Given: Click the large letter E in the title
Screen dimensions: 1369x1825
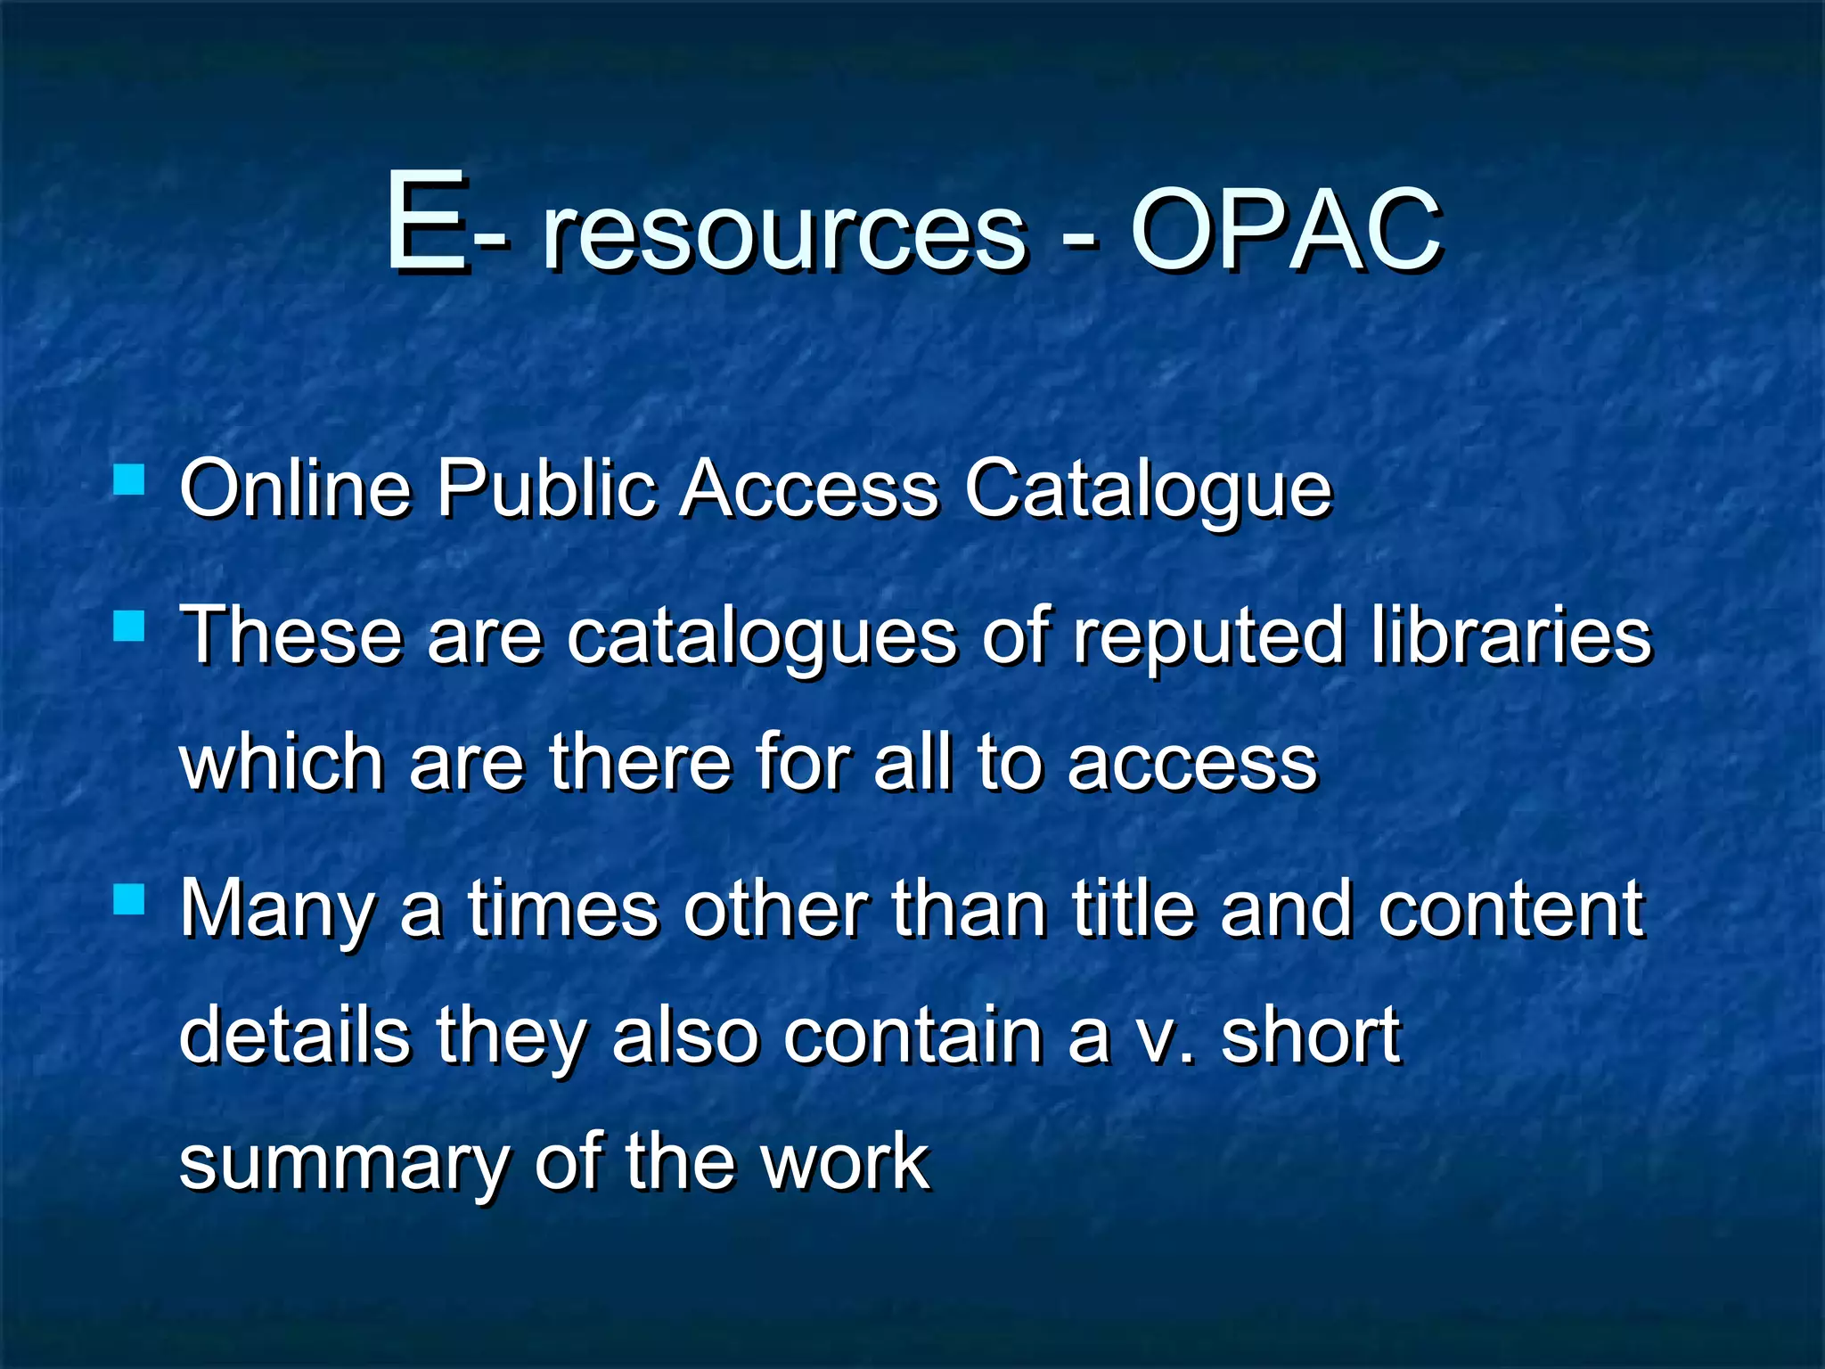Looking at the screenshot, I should (426, 222).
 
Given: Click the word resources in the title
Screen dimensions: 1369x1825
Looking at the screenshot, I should (784, 234).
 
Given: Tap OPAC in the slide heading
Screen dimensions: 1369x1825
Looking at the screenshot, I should (1285, 231).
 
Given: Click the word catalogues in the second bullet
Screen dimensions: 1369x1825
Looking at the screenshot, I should (762, 638).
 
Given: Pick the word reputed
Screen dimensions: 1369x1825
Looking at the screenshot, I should (1208, 638).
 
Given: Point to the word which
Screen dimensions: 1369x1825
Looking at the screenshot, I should (282, 763).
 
